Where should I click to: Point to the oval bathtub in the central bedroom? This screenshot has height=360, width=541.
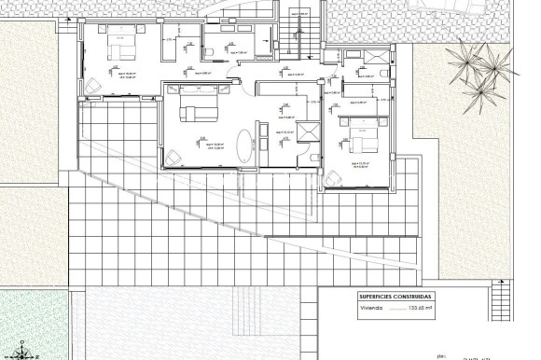[244, 147]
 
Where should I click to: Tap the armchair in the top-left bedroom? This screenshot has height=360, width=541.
[91, 87]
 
